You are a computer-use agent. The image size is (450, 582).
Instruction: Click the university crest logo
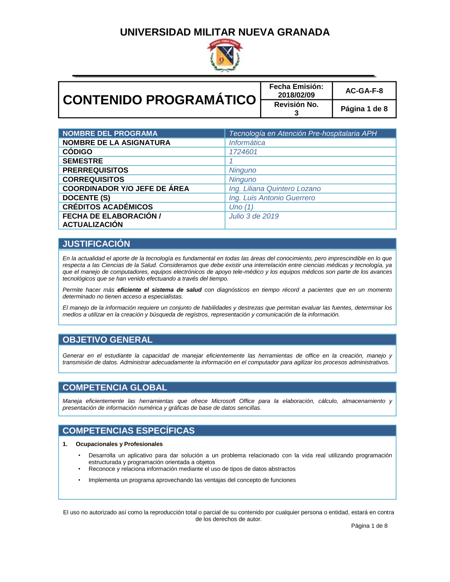pos(225,55)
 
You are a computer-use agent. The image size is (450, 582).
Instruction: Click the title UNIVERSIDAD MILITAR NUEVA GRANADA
pos(225,32)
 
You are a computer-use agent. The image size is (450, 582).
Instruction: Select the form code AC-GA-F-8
pos(364,91)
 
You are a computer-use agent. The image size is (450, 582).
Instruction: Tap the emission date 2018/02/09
pos(296,95)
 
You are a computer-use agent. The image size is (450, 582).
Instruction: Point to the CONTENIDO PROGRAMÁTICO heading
pos(159,100)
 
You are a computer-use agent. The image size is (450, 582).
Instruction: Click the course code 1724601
pos(243,152)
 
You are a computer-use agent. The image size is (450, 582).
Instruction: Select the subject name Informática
pos(247,143)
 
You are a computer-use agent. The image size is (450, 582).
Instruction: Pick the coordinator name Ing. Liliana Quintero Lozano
pos(274,189)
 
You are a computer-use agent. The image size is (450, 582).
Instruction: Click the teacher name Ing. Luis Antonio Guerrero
pos(272,198)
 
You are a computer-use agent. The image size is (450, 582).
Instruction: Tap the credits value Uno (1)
pos(241,207)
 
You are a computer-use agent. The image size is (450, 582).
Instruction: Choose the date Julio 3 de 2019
pos(254,216)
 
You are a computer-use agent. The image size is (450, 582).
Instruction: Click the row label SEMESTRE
pos(83,161)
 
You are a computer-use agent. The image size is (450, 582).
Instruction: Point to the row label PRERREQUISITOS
pos(95,170)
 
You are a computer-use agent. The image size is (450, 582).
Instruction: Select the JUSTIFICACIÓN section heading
pos(96,244)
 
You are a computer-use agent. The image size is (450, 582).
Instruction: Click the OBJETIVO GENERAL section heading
pos(108,340)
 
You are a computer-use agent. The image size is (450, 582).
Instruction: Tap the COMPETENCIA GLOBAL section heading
pos(115,388)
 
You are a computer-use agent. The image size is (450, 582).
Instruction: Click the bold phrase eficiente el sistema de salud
pos(159,290)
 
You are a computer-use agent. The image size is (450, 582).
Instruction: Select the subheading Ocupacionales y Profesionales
pos(119,444)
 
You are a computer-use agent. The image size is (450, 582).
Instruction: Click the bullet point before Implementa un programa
pos(80,480)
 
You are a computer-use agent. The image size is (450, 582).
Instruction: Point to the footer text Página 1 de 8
pos(369,526)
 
